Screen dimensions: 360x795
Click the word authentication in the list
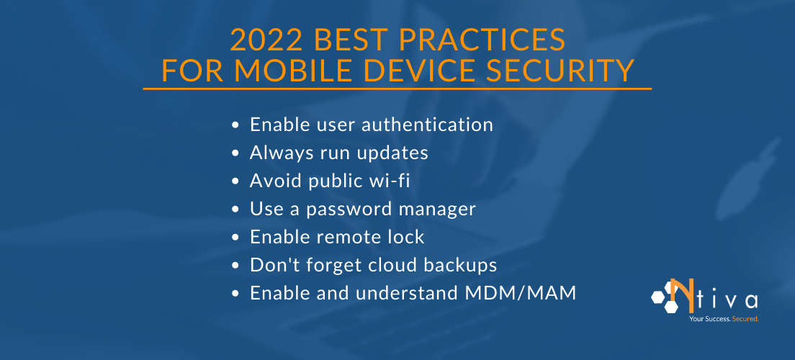[x=427, y=125]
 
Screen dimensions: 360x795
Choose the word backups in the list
[x=462, y=266]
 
